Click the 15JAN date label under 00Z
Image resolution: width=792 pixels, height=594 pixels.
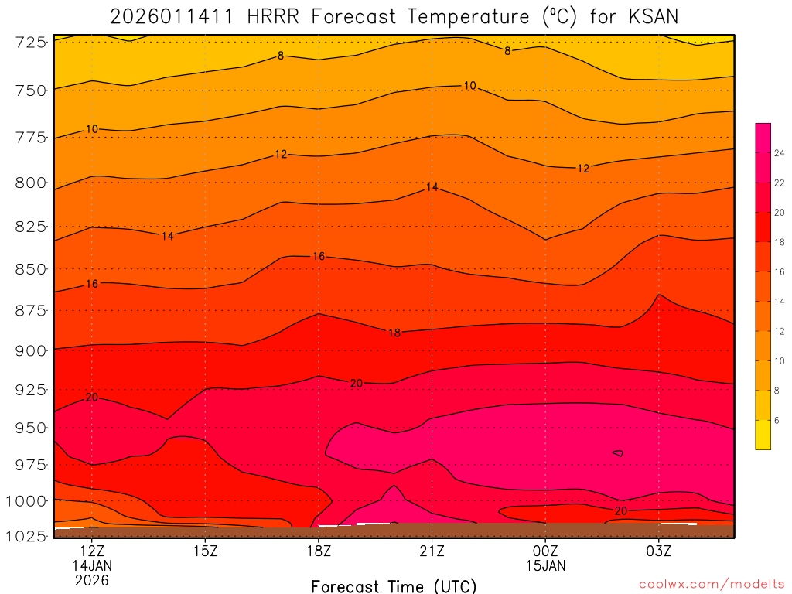[545, 566]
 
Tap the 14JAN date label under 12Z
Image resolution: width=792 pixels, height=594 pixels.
[92, 566]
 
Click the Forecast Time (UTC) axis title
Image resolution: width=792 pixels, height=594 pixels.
[394, 585]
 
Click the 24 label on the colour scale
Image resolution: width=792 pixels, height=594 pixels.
[780, 153]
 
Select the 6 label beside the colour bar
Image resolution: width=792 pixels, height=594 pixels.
[777, 420]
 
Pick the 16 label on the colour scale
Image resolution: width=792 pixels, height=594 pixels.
[780, 271]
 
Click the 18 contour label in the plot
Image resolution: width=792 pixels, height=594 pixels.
[394, 333]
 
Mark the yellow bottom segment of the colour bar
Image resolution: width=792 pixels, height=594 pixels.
[763, 435]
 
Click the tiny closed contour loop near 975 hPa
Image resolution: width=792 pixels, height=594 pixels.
[617, 452]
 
